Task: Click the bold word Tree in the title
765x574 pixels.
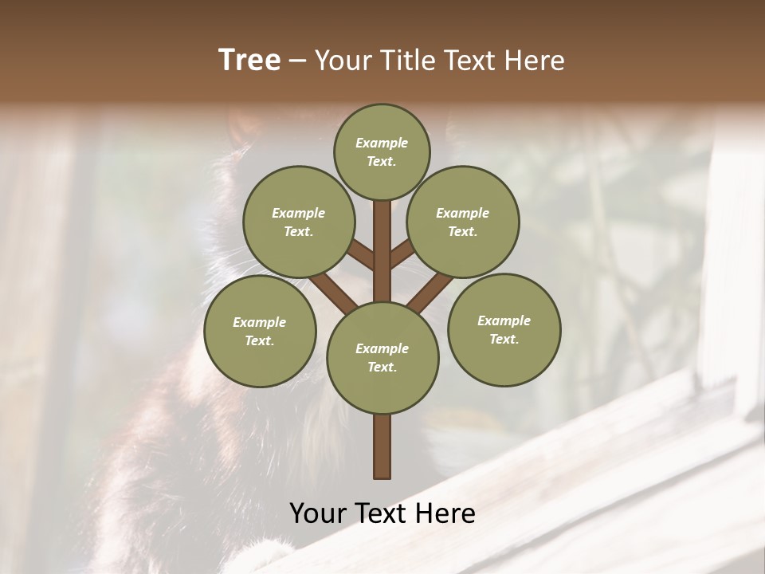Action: click(249, 61)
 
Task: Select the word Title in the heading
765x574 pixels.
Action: click(406, 61)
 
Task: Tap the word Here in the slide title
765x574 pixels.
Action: click(533, 61)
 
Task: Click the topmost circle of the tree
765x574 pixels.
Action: click(382, 151)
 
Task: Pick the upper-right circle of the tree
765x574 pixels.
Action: click(463, 222)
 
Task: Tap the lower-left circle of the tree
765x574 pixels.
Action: click(260, 332)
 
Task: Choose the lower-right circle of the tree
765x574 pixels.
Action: click(504, 330)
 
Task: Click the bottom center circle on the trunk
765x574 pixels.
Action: click(382, 358)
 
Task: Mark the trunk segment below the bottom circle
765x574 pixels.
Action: click(382, 446)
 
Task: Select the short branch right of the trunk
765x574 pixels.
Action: click(402, 254)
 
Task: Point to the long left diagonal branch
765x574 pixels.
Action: click(333, 293)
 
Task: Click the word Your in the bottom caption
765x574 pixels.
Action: click(318, 513)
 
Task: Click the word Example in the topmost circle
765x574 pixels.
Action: click(382, 143)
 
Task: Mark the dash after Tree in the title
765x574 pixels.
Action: click(297, 61)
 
